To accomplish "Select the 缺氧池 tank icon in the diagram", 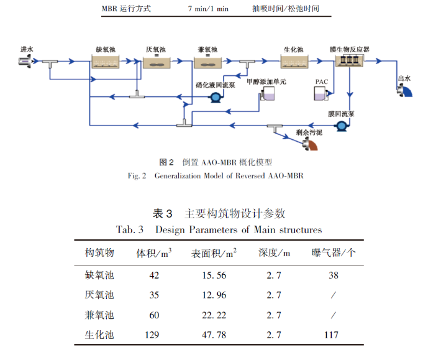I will tap(106, 61).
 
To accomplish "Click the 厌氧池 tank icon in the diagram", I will tap(157, 61).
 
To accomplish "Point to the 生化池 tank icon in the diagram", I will tap(293, 60).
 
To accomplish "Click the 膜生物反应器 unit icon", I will tap(349, 60).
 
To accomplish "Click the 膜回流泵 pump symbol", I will tap(340, 126).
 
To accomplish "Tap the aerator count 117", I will tap(331, 335).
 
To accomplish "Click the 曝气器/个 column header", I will tap(334, 252).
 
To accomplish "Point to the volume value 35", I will tap(154, 295).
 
